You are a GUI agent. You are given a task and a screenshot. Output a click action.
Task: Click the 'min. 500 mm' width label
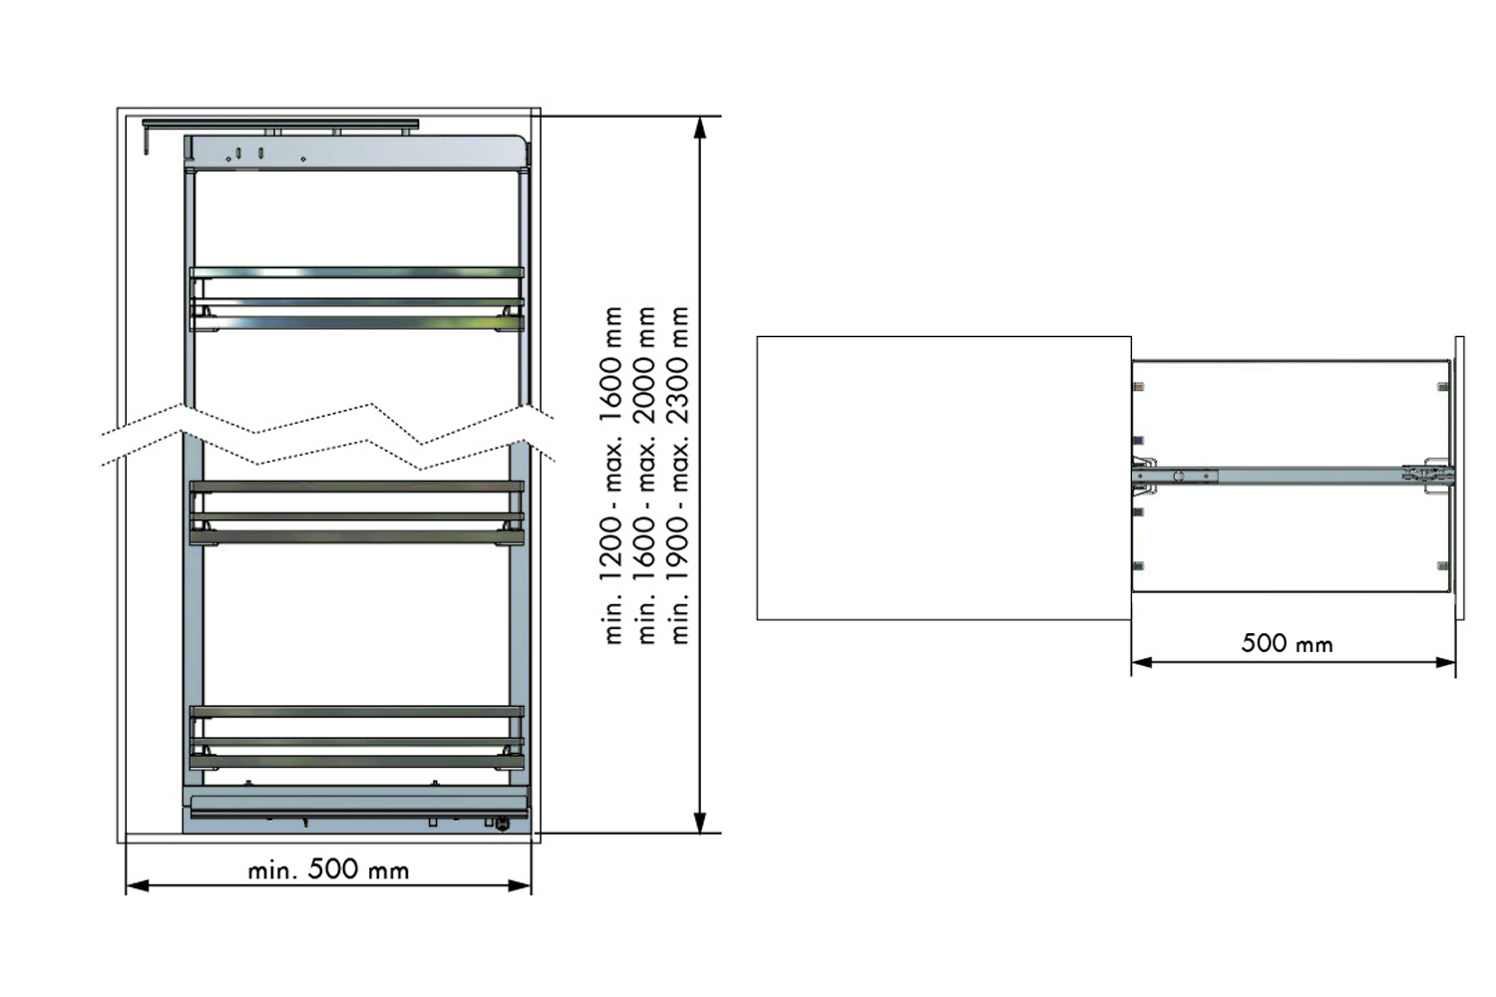(x=328, y=869)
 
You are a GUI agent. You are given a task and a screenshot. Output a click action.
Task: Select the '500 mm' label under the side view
(x=1287, y=643)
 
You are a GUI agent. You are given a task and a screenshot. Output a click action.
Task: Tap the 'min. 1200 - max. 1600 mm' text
(x=612, y=475)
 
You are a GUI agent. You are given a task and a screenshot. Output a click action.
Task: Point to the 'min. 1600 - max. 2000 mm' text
(x=645, y=475)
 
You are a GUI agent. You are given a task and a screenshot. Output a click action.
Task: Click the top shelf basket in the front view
(x=357, y=298)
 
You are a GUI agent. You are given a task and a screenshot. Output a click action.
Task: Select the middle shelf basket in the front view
(x=357, y=512)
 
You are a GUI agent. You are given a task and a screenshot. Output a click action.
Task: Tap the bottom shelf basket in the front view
(x=357, y=738)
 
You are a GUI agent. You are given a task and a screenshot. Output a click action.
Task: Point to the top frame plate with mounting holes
(x=354, y=153)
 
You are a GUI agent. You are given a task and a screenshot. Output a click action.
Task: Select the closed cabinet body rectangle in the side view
(x=943, y=478)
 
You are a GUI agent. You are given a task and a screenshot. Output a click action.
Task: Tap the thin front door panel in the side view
(x=1460, y=478)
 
